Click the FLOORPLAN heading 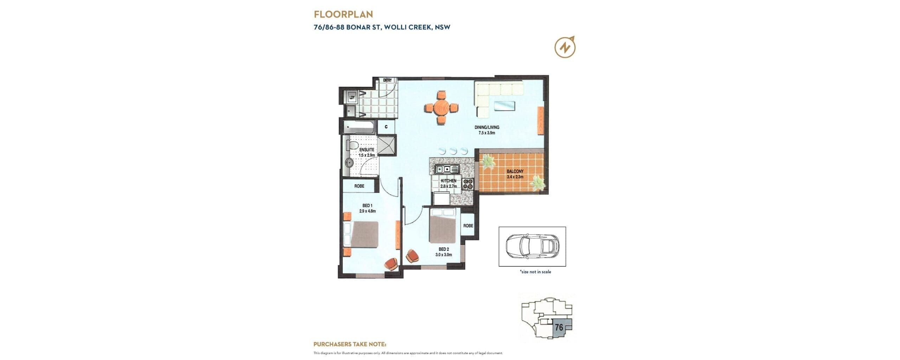[x=343, y=14]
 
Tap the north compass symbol [x=565, y=47]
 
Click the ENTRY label [x=387, y=81]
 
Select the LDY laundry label [x=352, y=97]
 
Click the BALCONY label [x=515, y=171]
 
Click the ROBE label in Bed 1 [x=359, y=186]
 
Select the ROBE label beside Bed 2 [x=468, y=226]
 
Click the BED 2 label [x=444, y=249]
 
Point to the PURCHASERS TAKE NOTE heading [x=350, y=344]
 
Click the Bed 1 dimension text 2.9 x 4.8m [x=367, y=211]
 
